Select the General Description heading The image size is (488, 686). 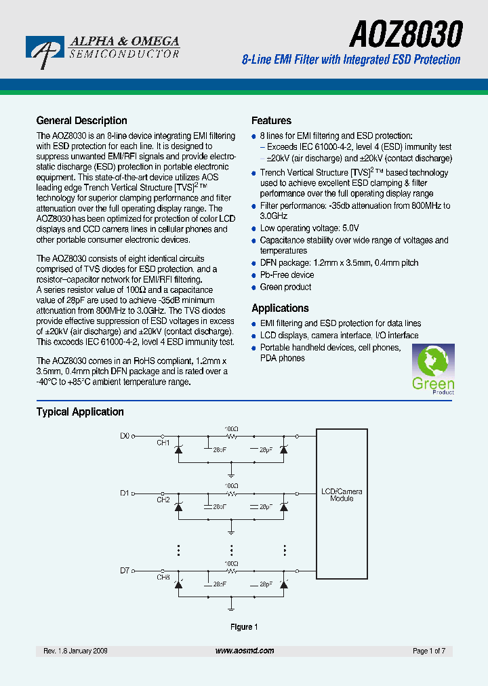point(81,121)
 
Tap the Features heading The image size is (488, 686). point(271,121)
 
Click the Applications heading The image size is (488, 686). point(280,308)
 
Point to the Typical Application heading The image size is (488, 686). point(80,411)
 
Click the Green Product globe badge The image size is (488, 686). point(433,369)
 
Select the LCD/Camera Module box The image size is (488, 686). point(342,495)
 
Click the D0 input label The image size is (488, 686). point(124,436)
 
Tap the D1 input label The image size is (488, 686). point(124,493)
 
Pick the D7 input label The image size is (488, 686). point(124,571)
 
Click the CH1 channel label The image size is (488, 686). point(163,443)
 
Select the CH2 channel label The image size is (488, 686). point(163,500)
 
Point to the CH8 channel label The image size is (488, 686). point(163,578)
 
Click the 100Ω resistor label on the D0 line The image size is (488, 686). point(231,429)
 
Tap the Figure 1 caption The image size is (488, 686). point(244,627)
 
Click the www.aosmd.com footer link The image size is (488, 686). point(245,651)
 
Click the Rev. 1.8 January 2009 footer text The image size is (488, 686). point(75,651)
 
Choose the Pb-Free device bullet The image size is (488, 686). point(287,275)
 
